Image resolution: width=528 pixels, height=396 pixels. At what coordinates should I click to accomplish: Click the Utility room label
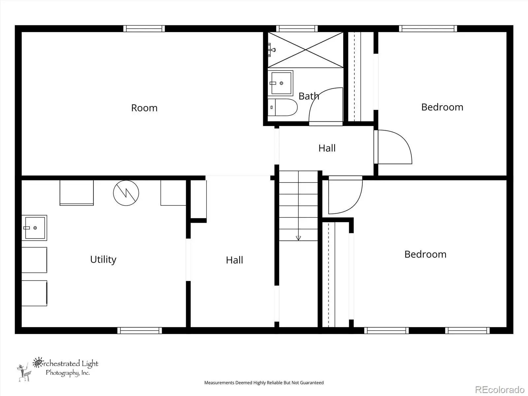tap(103, 259)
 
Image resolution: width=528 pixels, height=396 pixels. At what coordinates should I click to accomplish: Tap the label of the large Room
tap(144, 108)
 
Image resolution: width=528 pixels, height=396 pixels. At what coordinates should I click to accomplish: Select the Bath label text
tap(309, 96)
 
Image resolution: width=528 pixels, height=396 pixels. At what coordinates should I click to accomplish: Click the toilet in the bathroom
tap(282, 107)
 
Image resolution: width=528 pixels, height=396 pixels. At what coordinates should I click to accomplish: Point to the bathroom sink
tap(280, 83)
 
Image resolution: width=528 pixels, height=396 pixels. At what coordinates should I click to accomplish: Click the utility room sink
tap(34, 228)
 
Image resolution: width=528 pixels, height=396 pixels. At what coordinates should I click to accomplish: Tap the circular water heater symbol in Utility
tap(126, 193)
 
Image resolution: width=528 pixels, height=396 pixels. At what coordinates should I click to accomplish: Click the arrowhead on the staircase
tap(298, 238)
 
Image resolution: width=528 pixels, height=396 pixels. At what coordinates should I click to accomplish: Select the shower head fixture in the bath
tap(272, 50)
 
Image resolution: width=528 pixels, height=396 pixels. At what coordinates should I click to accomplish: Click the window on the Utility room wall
tap(140, 331)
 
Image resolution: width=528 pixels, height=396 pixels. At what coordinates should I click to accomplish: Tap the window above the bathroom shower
tap(297, 29)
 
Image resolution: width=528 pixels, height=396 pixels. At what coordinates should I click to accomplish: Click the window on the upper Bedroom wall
tap(428, 29)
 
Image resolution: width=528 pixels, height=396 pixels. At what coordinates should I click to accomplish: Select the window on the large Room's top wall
tap(144, 29)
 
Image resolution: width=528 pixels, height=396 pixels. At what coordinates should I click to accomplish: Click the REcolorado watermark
tap(500, 389)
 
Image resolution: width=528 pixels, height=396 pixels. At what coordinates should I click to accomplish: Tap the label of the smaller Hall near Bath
tap(327, 148)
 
